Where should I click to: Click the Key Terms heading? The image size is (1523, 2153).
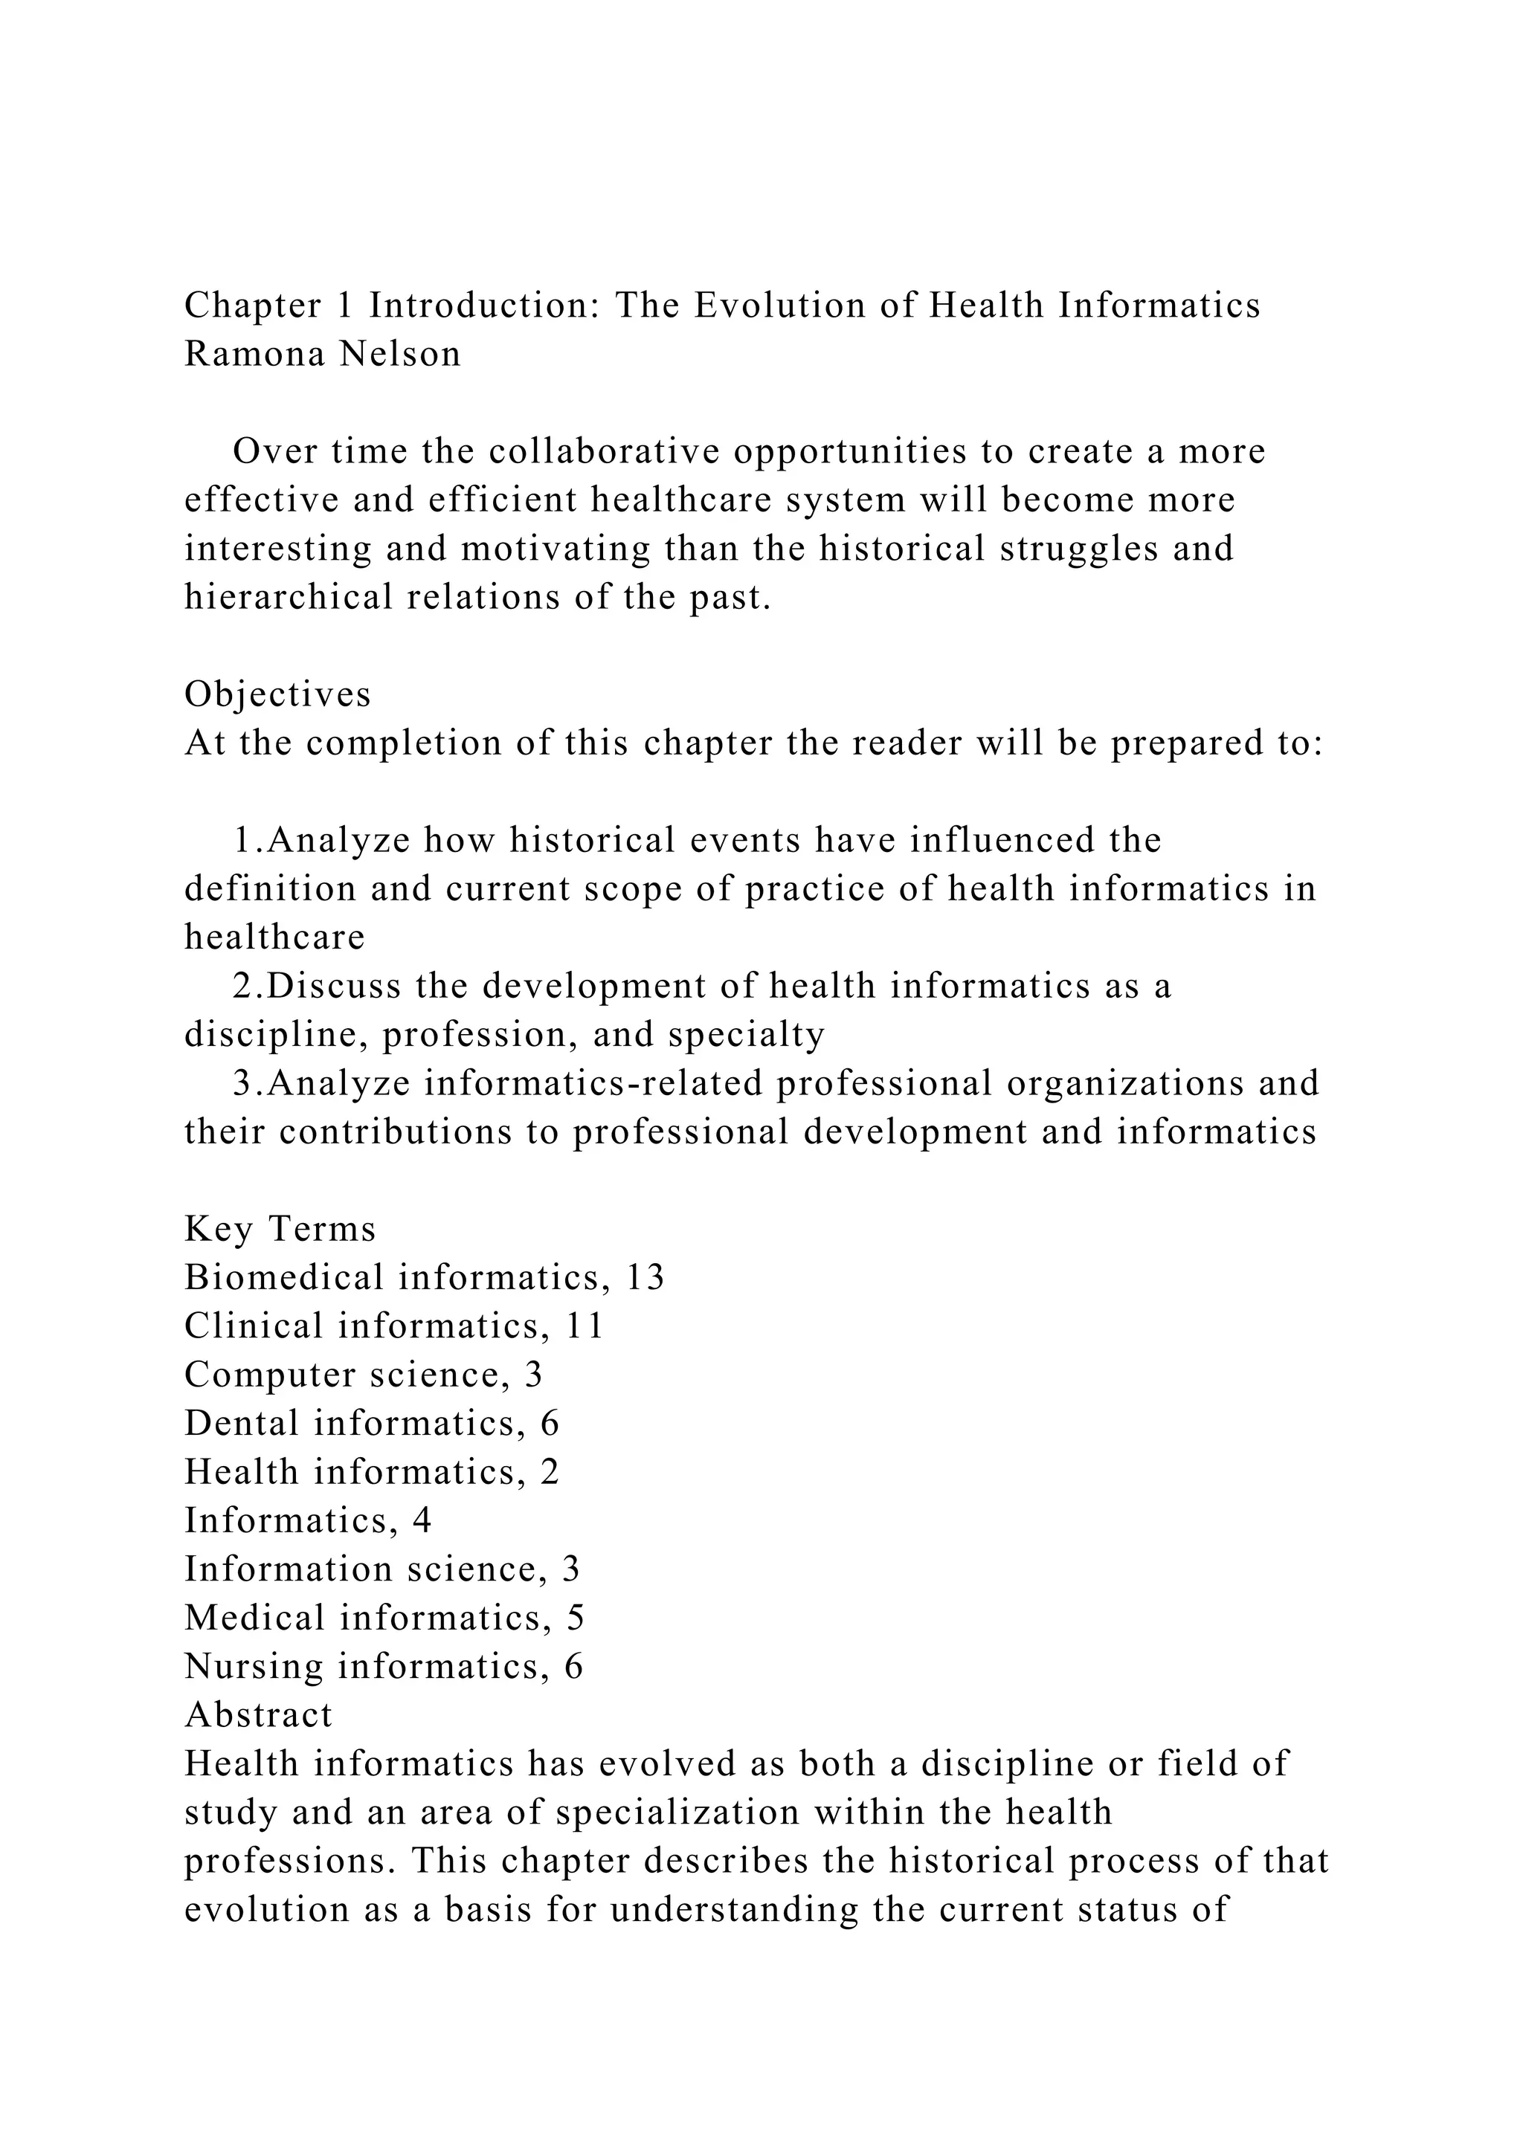280,1230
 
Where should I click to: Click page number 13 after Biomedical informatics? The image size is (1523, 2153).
643,1278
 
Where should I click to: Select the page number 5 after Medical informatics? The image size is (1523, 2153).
575,1618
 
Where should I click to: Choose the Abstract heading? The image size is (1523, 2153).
258,1716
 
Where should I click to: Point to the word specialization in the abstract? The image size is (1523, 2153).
678,1813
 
